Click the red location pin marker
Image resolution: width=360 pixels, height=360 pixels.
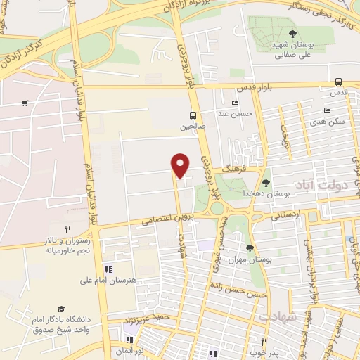[x=181, y=165]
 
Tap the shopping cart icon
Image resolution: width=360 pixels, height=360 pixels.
[x=25, y=103]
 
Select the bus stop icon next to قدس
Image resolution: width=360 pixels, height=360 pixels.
[x=339, y=81]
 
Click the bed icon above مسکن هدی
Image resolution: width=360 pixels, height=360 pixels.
[x=326, y=111]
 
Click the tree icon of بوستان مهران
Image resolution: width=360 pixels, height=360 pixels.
[x=250, y=248]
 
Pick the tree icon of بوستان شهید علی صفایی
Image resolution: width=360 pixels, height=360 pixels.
[x=292, y=33]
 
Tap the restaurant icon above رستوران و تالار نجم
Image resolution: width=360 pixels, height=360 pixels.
[x=68, y=229]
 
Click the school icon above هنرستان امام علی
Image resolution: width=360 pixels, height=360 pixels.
[x=108, y=269]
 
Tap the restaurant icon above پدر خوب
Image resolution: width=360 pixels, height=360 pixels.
[x=264, y=341]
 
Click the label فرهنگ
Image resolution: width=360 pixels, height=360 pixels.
[x=231, y=169]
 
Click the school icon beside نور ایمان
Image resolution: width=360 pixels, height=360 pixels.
[x=129, y=341]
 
